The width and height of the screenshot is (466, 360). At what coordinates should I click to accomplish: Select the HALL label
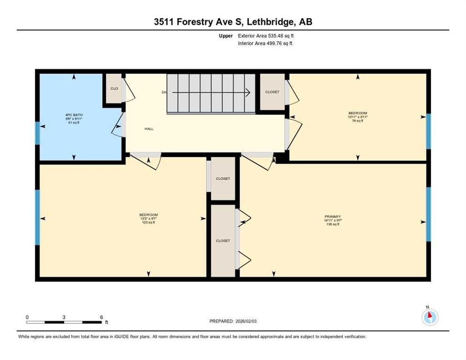pos(149,129)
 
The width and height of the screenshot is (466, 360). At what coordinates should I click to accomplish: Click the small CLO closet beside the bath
pos(113,88)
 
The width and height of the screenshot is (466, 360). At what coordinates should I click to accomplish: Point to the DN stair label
pos(164,92)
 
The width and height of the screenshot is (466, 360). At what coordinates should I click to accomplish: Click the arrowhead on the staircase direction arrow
pos(248,92)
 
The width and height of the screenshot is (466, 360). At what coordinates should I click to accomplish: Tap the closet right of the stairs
pos(272,92)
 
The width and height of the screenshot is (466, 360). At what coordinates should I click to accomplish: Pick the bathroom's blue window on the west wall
pos(38,134)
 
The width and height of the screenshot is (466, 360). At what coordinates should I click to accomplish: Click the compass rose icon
pos(429,317)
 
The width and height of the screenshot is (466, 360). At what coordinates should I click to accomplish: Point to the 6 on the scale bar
pos(101,317)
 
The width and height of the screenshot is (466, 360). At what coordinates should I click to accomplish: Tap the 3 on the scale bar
pos(64,317)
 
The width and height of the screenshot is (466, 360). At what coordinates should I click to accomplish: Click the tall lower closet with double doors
pos(223,240)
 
